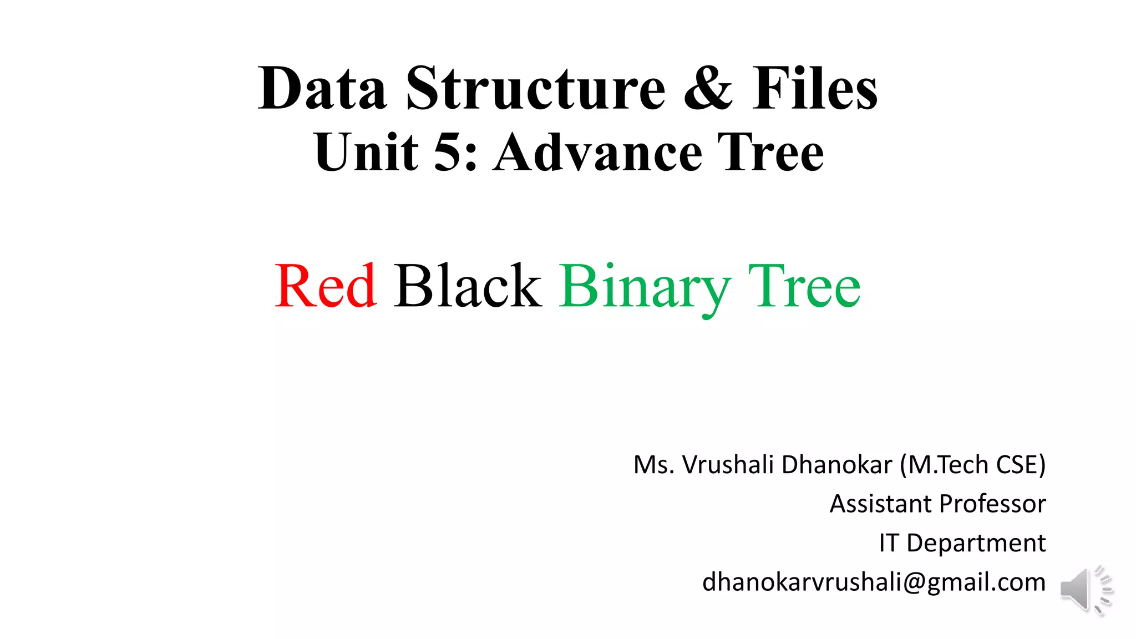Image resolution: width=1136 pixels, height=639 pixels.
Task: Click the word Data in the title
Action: (322, 89)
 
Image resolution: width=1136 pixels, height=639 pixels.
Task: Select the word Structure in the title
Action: (536, 89)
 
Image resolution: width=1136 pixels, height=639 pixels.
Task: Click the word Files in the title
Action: (815, 89)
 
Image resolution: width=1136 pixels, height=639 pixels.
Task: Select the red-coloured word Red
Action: (326, 286)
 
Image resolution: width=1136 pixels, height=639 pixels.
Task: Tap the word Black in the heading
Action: (468, 286)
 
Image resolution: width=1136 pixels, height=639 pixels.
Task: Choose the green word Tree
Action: (804, 286)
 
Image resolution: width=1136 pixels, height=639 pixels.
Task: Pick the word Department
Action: (976, 543)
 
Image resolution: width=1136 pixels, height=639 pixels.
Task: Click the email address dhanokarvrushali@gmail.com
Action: (874, 582)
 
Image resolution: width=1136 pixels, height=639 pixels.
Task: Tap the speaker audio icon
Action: (1086, 590)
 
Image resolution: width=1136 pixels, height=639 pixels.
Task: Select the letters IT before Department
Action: (889, 543)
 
